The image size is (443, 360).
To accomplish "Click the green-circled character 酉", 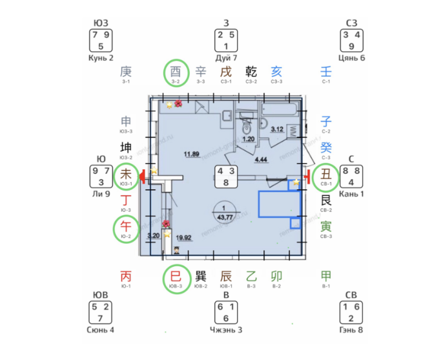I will pos(176,72).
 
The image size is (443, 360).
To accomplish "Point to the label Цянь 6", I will pos(352,58).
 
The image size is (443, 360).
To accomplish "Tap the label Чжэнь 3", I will pos(226,330).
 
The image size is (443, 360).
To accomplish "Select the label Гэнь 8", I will pos(352,330).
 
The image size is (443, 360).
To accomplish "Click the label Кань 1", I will pos(352,193).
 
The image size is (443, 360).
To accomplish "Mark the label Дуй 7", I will pos(226,58).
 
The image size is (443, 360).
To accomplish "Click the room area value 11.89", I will pos(191,154).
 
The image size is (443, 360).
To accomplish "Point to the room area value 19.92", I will pos(183,237).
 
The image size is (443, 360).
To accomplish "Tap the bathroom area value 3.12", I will pos(277,129).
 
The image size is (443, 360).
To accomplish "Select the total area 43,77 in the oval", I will pos(225,217).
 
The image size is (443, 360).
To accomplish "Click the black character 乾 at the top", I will pos(251,72).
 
